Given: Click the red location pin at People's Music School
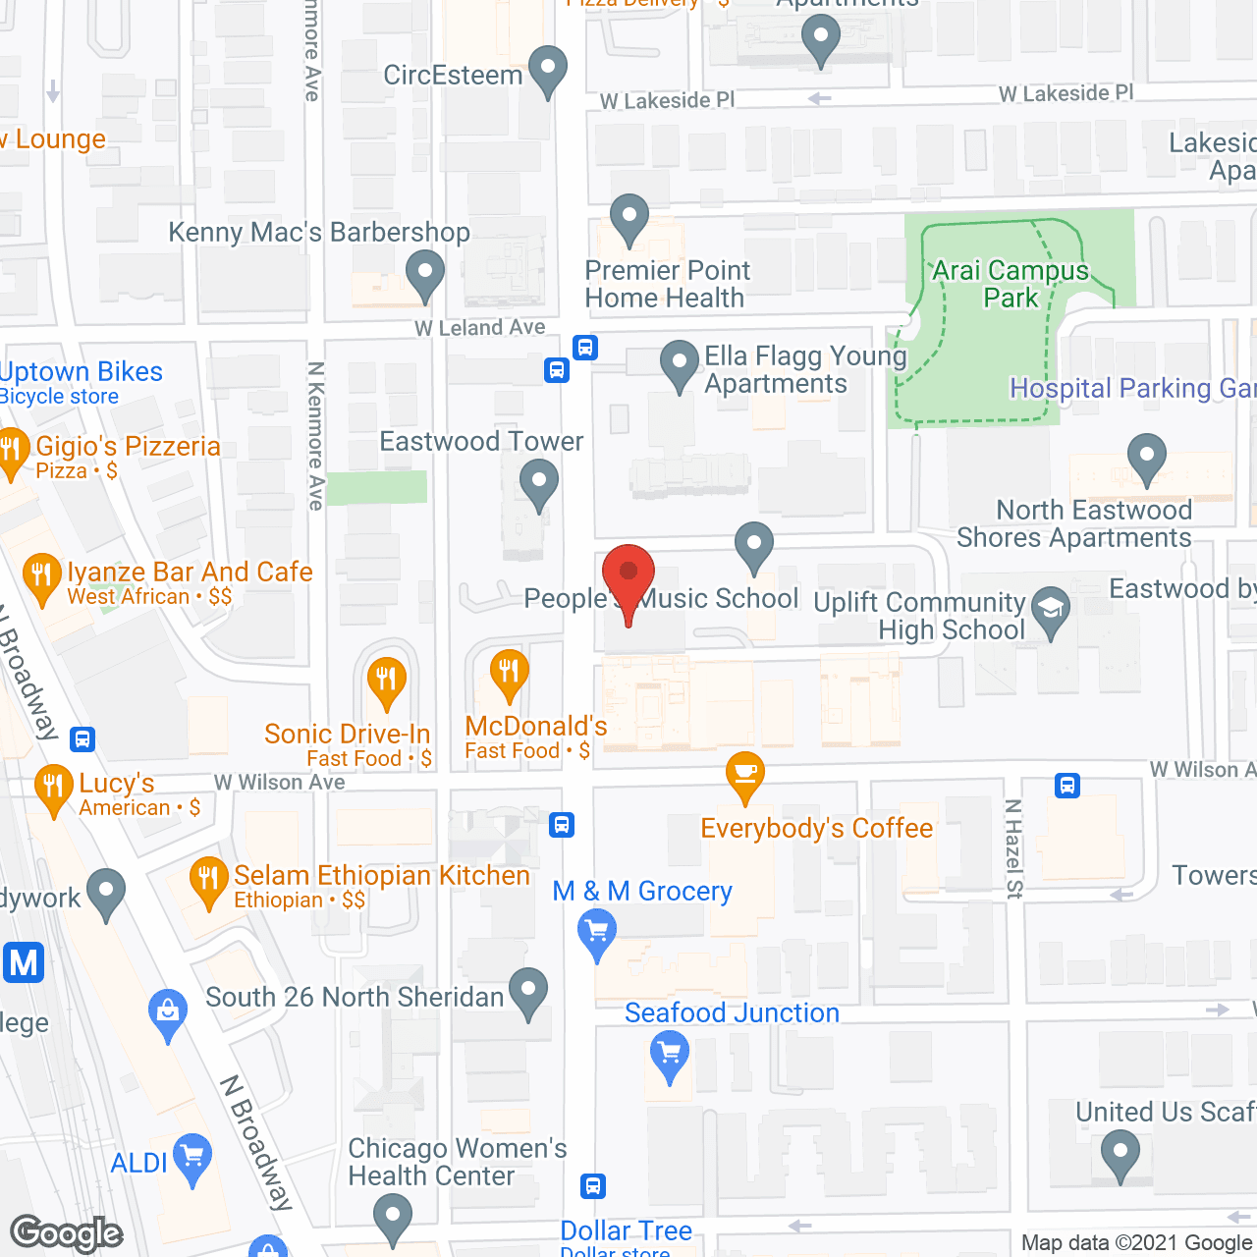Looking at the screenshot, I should pos(628,575).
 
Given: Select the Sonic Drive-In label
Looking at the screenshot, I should pos(347,734).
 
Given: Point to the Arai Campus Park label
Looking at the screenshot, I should pos(1011,284).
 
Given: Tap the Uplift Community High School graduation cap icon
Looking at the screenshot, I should pos(1051,611).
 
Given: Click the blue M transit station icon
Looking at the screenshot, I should pos(24,962).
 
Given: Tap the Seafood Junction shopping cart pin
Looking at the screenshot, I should pos(669,1057).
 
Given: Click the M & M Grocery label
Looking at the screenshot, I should pos(642,891).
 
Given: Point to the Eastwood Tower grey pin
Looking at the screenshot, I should pos(538,483).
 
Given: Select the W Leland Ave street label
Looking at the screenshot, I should pos(480,328).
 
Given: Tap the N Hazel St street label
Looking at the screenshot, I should pos(1013,848).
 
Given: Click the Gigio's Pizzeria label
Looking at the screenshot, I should pos(128,447).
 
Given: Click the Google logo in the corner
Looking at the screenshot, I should pos(66,1233).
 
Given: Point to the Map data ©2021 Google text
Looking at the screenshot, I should pos(1136,1243).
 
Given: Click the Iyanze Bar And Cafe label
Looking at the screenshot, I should pos(190,573).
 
